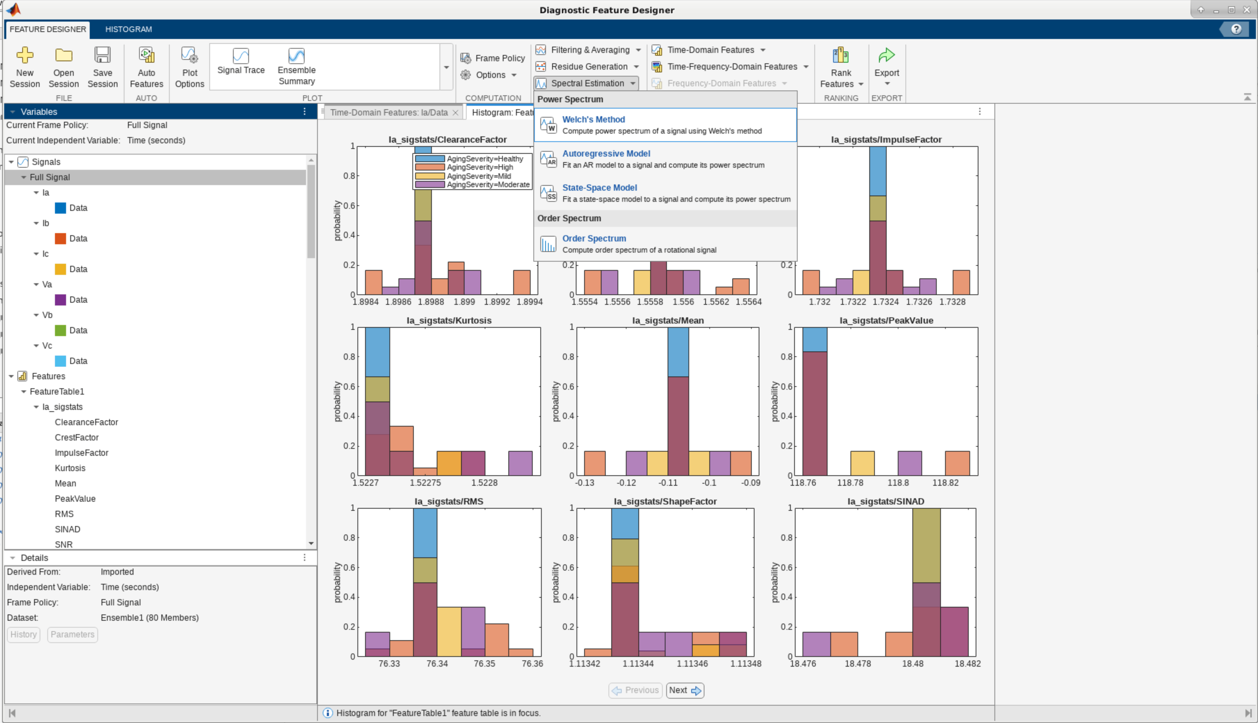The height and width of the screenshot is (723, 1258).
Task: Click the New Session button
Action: click(x=24, y=67)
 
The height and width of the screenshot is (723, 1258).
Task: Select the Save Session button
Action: click(x=102, y=67)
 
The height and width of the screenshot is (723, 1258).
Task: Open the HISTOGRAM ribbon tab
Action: click(x=129, y=29)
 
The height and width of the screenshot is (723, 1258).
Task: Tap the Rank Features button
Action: click(x=841, y=67)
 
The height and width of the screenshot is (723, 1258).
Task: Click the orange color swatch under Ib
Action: click(x=60, y=238)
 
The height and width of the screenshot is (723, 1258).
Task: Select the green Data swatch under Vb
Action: click(x=60, y=330)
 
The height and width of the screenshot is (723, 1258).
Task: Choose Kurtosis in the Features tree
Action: click(x=70, y=468)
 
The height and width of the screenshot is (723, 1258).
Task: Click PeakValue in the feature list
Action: click(x=75, y=499)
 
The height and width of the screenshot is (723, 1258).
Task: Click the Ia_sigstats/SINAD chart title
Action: click(x=886, y=501)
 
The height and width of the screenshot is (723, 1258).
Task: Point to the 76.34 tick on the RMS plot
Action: click(x=437, y=664)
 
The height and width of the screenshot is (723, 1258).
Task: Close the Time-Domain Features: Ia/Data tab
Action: click(x=455, y=113)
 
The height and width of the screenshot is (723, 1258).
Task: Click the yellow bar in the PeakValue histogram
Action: click(x=863, y=463)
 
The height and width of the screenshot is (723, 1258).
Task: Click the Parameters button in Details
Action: click(x=72, y=635)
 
